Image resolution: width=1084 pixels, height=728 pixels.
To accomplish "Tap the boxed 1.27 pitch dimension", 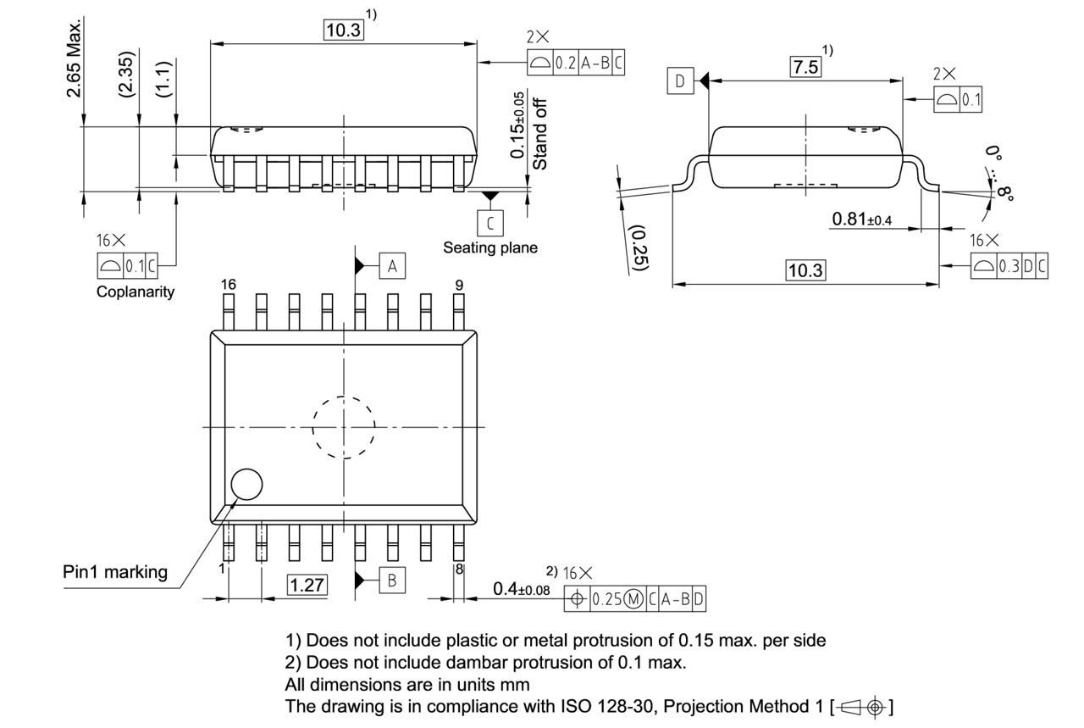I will point(307,585).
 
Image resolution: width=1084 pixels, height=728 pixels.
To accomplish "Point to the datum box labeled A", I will point(391,266).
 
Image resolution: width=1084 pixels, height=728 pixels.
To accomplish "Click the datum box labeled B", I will point(392,581).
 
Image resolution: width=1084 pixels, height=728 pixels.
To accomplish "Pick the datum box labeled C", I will point(489,222).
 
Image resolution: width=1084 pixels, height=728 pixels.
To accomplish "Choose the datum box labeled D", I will point(679,81).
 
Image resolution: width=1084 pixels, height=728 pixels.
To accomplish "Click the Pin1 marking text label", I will point(115,572).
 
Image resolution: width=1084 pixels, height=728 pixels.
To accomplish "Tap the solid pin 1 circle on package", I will point(246,485).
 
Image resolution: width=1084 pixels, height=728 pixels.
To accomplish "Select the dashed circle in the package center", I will point(343,427).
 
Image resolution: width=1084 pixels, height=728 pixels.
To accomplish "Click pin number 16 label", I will point(229,285).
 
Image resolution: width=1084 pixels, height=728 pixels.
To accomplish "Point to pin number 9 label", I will point(459,285).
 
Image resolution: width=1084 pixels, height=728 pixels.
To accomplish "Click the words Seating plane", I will point(489,248).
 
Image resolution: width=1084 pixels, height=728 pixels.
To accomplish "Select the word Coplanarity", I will point(135,292).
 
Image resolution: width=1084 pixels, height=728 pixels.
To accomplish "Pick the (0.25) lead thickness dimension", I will point(640,248).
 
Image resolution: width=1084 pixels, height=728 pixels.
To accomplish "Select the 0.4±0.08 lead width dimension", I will point(521,588).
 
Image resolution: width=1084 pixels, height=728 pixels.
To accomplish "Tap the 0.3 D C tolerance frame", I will point(1009,265).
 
